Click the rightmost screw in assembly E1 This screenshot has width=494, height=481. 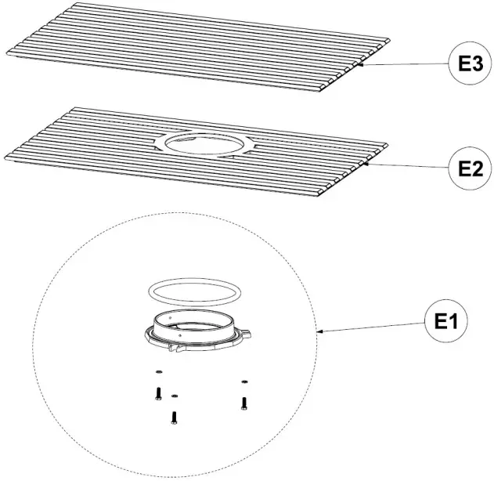[244, 402]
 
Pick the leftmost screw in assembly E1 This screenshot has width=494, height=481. [157, 392]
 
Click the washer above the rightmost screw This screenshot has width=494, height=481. [244, 382]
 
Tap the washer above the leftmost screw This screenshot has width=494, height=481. [157, 371]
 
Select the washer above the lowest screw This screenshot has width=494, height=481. [174, 396]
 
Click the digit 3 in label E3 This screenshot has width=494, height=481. [473, 64]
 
